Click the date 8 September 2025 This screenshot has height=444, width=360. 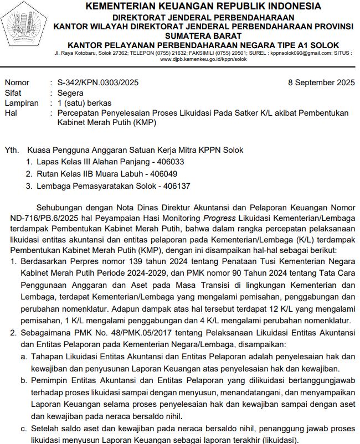click(321, 83)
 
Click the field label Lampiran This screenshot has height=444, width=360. click(21, 103)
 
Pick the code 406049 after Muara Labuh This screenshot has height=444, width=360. click(170, 174)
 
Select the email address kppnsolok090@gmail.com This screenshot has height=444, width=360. click(300, 53)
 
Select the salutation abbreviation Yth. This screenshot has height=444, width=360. click(11, 150)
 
